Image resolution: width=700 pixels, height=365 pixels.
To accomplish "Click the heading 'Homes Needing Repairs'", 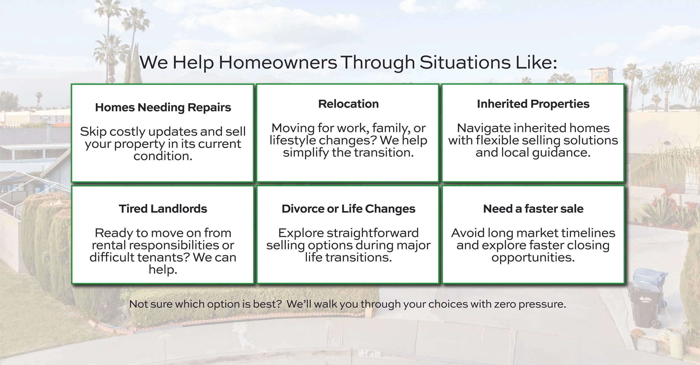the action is [163, 108].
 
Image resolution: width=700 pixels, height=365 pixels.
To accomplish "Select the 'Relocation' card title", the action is [348, 104].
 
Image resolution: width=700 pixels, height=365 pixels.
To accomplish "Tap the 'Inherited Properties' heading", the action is [533, 104].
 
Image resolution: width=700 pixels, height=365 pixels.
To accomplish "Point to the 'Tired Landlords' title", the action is [163, 209].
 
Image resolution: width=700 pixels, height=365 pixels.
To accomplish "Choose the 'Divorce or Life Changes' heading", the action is [348, 209].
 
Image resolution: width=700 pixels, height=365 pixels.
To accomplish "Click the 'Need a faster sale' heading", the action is [533, 209].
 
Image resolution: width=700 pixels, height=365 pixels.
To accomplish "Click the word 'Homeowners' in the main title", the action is [278, 62].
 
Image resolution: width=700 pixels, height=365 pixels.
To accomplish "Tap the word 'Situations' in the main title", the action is [465, 62].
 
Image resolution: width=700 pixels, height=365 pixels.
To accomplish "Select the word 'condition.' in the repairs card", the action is [163, 156].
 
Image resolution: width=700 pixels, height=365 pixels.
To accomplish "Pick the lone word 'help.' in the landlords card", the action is [163, 270].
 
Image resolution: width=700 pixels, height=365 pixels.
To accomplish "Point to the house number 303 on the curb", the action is [369, 354].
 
